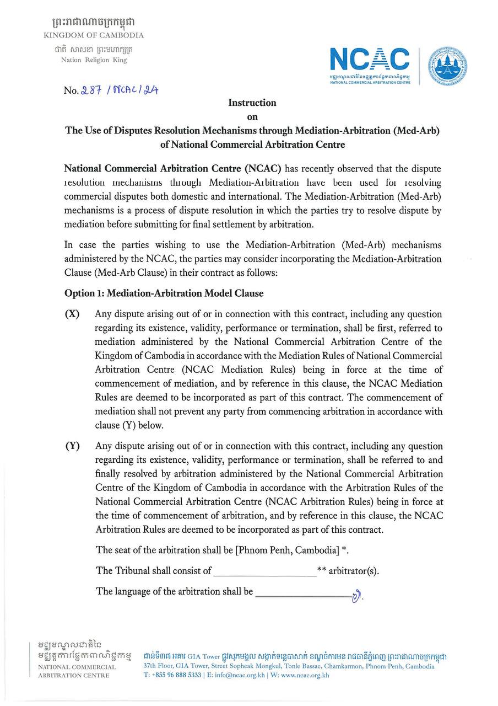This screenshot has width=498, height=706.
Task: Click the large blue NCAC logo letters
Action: tap(370, 60)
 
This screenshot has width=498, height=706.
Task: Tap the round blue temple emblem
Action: tap(448, 65)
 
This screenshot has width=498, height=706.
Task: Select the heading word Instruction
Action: tap(252, 103)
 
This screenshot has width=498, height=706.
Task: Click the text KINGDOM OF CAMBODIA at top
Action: tap(94, 35)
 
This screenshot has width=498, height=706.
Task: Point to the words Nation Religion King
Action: tap(94, 60)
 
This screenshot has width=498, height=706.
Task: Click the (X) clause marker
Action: tap(72, 314)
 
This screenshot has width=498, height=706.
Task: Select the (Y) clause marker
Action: tap(72, 446)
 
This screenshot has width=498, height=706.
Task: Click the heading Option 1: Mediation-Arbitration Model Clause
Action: tap(164, 293)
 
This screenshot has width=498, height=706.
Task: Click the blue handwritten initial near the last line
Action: tap(358, 596)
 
